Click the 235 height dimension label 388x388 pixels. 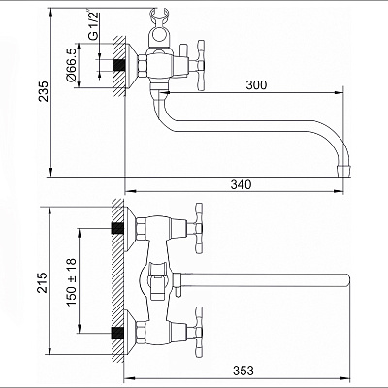pyautogui.click(x=44, y=91)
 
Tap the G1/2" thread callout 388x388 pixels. pyautogui.click(x=93, y=25)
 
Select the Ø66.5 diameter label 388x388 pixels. pyautogui.click(x=71, y=65)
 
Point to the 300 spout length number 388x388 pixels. pyautogui.click(x=256, y=85)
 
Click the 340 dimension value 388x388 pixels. pyautogui.click(x=241, y=184)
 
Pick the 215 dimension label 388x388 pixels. pyautogui.click(x=42, y=282)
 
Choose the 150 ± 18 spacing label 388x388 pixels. pyautogui.click(x=72, y=282)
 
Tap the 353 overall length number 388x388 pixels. pyautogui.click(x=243, y=371)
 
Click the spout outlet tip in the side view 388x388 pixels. pyautogui.click(x=343, y=171)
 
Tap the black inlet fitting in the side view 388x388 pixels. pyautogui.click(x=118, y=65)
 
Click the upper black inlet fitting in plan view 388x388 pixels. pyautogui.click(x=117, y=228)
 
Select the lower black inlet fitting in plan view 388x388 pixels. pyautogui.click(x=117, y=333)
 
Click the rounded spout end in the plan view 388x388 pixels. pyautogui.click(x=346, y=280)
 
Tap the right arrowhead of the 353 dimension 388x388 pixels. pyautogui.click(x=346, y=377)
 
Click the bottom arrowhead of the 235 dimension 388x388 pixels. pyautogui.click(x=50, y=172)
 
